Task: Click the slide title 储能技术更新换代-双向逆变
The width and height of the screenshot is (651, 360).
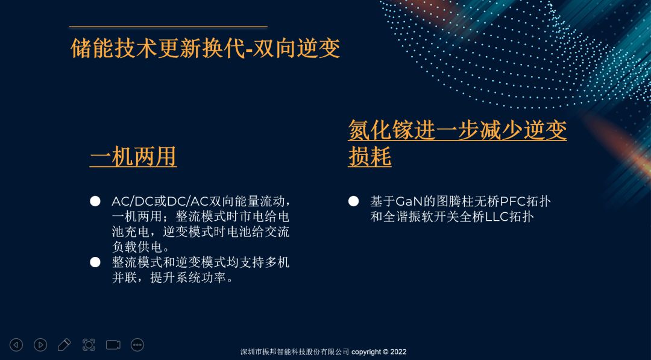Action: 206,48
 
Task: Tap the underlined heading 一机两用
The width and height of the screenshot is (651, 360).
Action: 133,157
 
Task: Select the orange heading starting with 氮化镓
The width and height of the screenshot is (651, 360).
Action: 457,144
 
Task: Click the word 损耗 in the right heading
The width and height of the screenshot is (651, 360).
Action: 370,157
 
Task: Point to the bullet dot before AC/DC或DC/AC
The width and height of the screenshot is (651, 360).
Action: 95,201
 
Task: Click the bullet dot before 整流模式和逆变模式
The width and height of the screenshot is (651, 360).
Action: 95,262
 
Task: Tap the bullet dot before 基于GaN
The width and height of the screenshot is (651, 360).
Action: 353,201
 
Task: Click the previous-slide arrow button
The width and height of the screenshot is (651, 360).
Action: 16,345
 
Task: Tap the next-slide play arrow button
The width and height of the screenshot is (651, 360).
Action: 40,345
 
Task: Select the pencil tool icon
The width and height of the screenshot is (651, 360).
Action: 64,345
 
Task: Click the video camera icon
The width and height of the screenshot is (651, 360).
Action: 113,345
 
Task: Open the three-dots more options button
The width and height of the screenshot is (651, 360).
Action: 137,345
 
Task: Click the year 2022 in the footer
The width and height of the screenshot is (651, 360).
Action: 398,352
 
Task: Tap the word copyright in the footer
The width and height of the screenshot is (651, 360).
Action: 366,352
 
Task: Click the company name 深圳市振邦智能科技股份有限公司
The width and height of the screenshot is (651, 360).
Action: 295,352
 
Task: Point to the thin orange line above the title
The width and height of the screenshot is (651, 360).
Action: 168,27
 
